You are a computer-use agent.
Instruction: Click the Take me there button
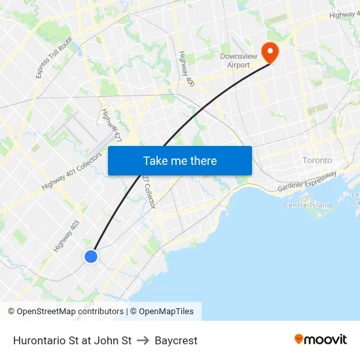(x=180, y=160)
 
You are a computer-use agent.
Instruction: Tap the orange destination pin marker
(x=269, y=52)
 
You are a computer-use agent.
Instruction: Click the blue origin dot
(x=91, y=257)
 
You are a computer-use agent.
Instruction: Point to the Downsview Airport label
(x=235, y=61)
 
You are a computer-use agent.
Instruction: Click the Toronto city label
(x=317, y=160)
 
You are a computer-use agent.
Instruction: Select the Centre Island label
(x=307, y=206)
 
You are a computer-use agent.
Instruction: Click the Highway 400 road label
(x=187, y=69)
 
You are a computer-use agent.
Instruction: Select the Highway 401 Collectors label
(x=71, y=171)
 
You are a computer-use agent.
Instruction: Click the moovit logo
(x=321, y=340)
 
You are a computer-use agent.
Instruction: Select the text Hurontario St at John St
(x=72, y=340)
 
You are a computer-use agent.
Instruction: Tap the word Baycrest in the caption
(x=176, y=340)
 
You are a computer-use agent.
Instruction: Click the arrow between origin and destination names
(x=143, y=340)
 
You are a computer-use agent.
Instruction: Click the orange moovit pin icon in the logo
(x=299, y=339)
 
